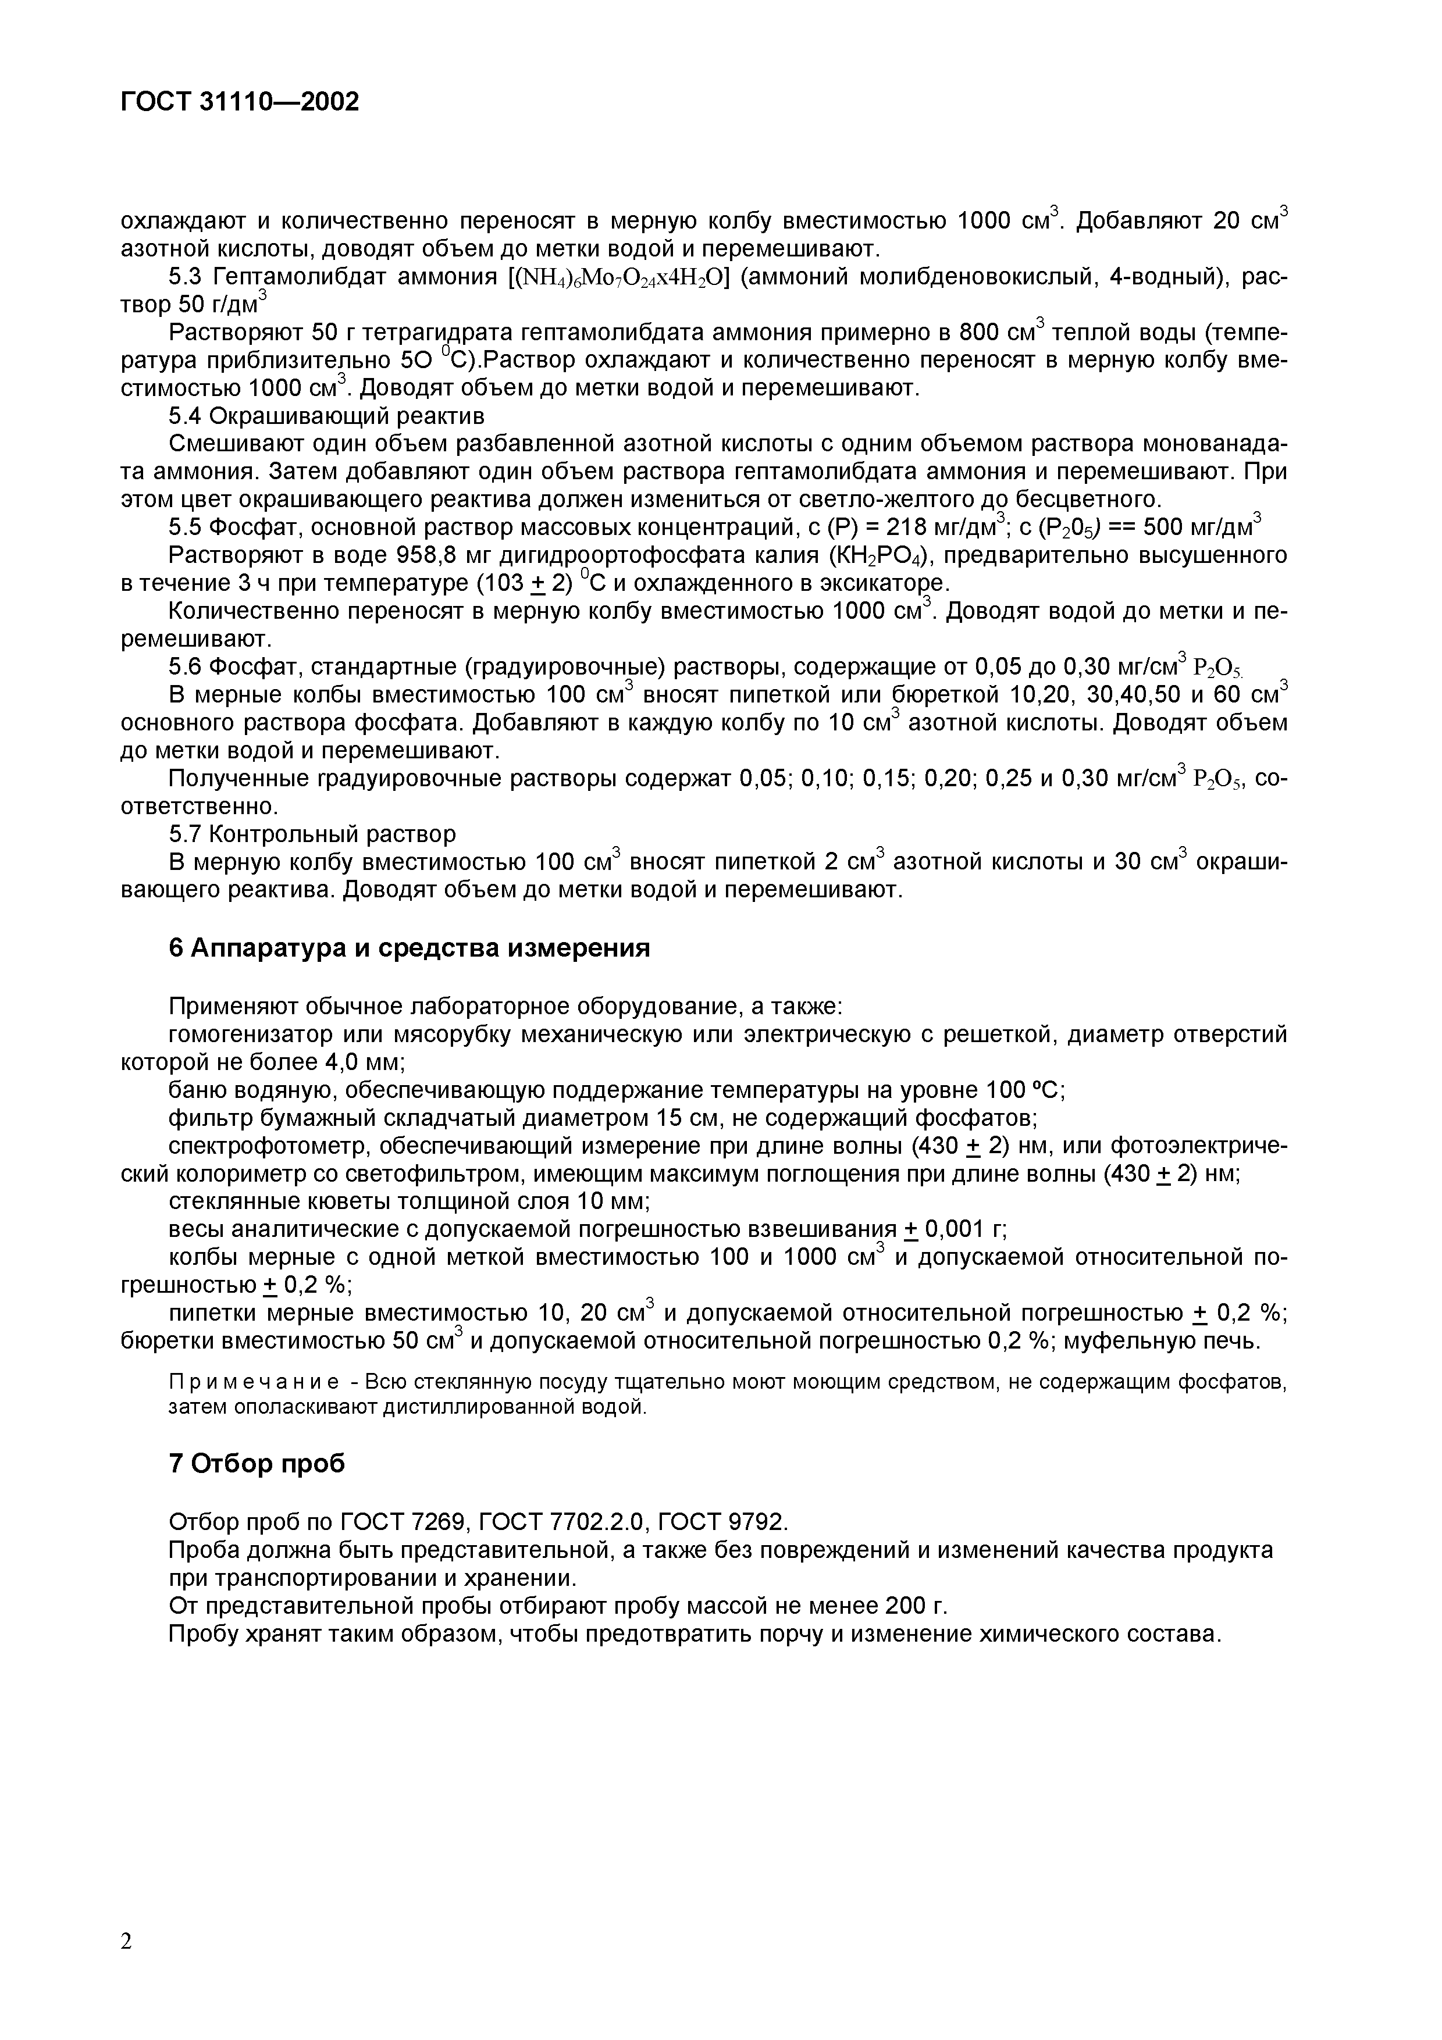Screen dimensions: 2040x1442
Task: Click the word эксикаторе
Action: coord(873,584)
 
